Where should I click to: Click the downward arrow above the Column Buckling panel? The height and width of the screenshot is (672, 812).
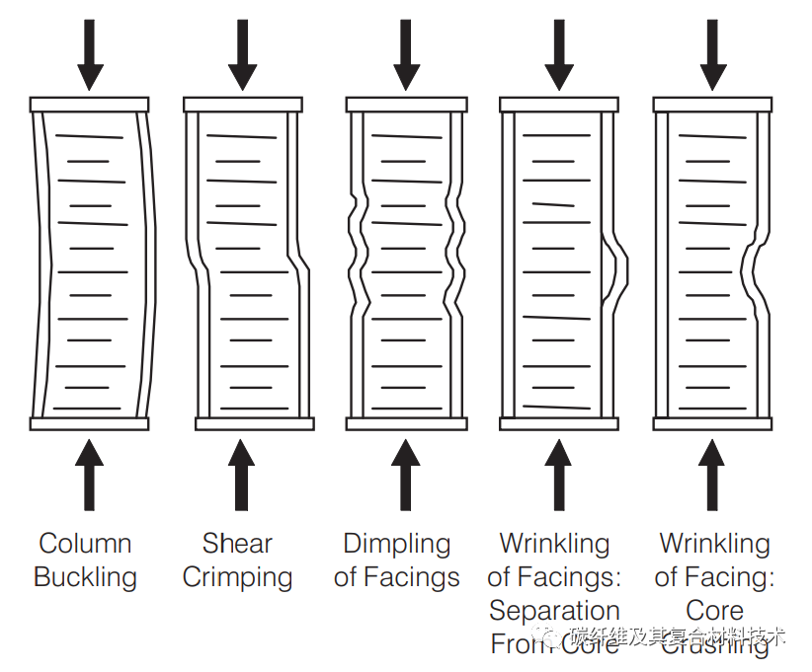pyautogui.click(x=90, y=54)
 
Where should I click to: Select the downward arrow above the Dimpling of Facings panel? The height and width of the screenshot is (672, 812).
pyautogui.click(x=406, y=54)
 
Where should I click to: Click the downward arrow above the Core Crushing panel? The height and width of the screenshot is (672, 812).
pyautogui.click(x=713, y=54)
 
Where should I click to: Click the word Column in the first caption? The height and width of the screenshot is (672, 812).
pyautogui.click(x=85, y=544)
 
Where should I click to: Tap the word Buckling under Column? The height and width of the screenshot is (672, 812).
pyautogui.click(x=85, y=577)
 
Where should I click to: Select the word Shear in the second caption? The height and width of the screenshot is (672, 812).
pyautogui.click(x=237, y=544)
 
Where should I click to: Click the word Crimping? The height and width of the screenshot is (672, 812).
pyautogui.click(x=237, y=578)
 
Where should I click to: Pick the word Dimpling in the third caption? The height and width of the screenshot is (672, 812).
pyautogui.click(x=396, y=544)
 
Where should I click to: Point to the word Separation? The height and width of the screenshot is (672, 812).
pyautogui.click(x=554, y=611)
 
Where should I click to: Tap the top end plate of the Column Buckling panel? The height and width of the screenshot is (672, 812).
pyautogui.click(x=90, y=104)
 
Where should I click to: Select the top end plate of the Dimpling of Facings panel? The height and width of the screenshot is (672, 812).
pyautogui.click(x=406, y=104)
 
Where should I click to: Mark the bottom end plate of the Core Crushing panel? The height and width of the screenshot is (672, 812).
pyautogui.click(x=713, y=424)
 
